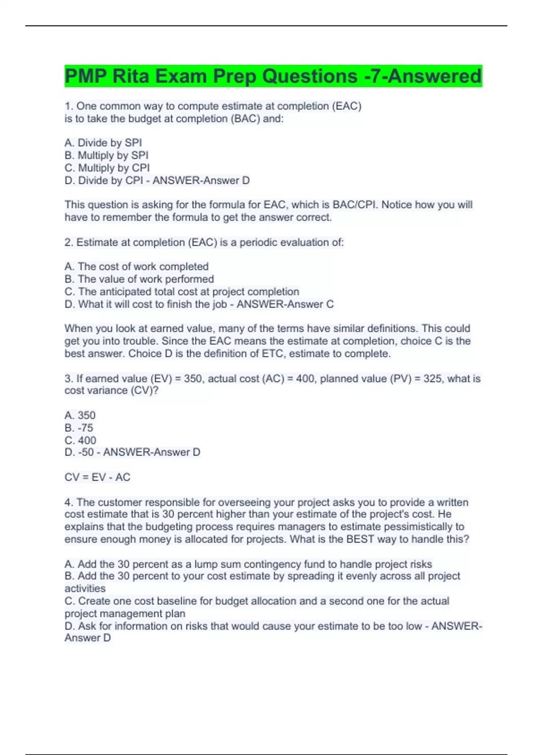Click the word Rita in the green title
131,76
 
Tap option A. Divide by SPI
103,143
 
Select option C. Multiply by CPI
107,168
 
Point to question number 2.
69,242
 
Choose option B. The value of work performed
139,279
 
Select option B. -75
79,428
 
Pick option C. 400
80,440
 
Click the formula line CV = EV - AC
97,477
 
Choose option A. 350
80,415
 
